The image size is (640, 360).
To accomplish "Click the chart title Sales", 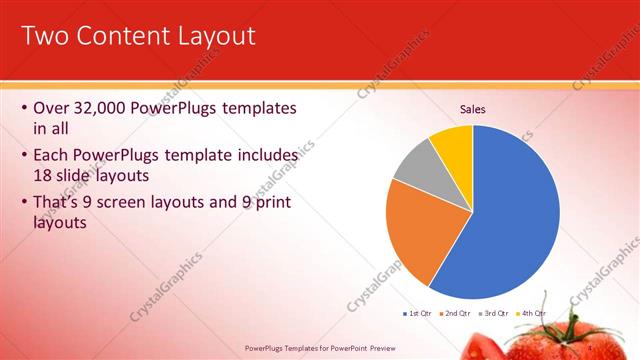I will click(x=472, y=109).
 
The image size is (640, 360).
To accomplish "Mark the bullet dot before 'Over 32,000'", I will click(x=25, y=108).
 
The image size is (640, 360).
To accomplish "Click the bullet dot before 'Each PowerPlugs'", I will click(x=25, y=156).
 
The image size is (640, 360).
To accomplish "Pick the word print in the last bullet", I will click(x=266, y=203).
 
